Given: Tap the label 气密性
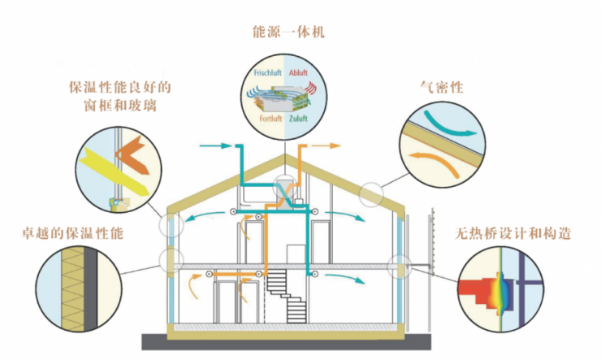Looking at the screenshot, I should coord(439,84).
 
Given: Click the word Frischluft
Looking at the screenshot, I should coord(268,71).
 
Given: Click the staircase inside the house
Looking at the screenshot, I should coord(284,293).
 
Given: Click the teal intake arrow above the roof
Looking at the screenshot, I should coord(214,146).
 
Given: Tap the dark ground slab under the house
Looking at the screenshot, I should coord(285,340).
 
